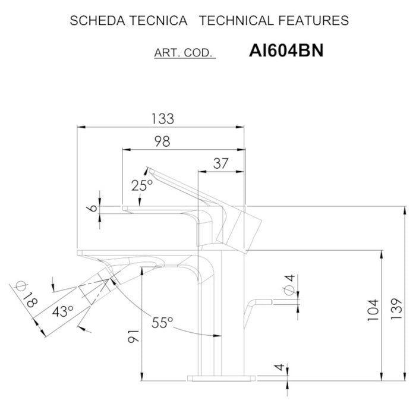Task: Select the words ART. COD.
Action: coord(184,53)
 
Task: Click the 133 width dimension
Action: coord(162,119)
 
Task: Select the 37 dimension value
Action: coord(220,165)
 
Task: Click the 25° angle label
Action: coord(142,185)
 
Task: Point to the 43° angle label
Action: coord(63,311)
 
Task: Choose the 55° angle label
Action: coord(162,323)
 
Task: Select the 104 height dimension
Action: coord(373,310)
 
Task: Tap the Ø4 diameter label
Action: coord(289,283)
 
